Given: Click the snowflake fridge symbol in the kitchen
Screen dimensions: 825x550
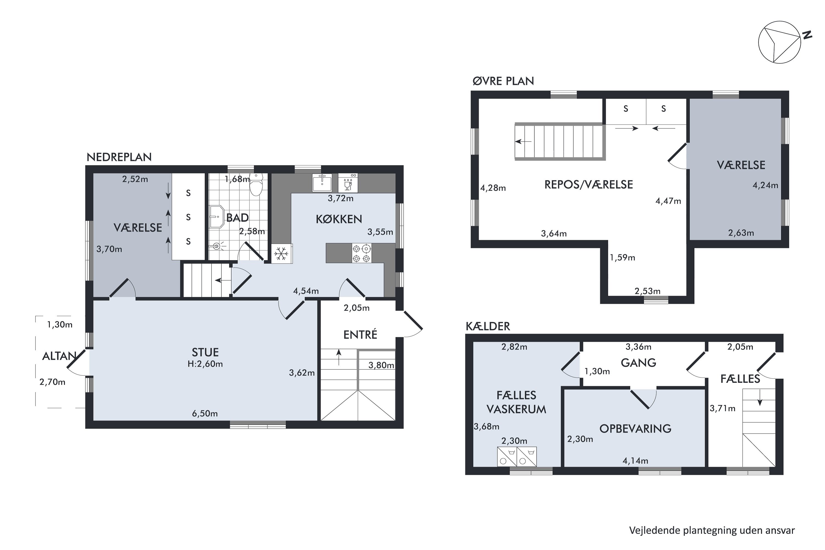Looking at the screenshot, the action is click(281, 253).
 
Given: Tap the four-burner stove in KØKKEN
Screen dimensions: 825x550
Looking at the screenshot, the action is click(361, 253).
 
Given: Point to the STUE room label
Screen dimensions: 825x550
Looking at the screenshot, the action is click(205, 352).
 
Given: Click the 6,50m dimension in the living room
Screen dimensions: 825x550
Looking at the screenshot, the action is click(205, 414).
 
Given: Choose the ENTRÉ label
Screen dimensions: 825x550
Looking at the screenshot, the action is click(360, 335).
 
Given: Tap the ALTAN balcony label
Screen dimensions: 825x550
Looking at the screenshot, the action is click(59, 356).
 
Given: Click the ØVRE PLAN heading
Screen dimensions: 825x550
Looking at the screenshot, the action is click(503, 81).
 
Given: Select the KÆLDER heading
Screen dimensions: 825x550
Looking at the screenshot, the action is click(488, 326).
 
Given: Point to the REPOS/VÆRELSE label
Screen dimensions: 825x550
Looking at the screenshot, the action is click(588, 185).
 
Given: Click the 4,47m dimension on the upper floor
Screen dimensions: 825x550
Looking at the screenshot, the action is click(668, 201).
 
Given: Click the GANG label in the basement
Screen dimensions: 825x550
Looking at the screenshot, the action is click(638, 363).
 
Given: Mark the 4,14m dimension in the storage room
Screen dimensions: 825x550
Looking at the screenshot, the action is click(635, 461).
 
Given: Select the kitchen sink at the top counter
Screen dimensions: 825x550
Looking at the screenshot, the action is click(322, 182).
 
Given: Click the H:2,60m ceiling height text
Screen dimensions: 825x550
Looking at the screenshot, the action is click(205, 364).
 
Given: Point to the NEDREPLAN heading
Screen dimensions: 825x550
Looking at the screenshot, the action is click(119, 157).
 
